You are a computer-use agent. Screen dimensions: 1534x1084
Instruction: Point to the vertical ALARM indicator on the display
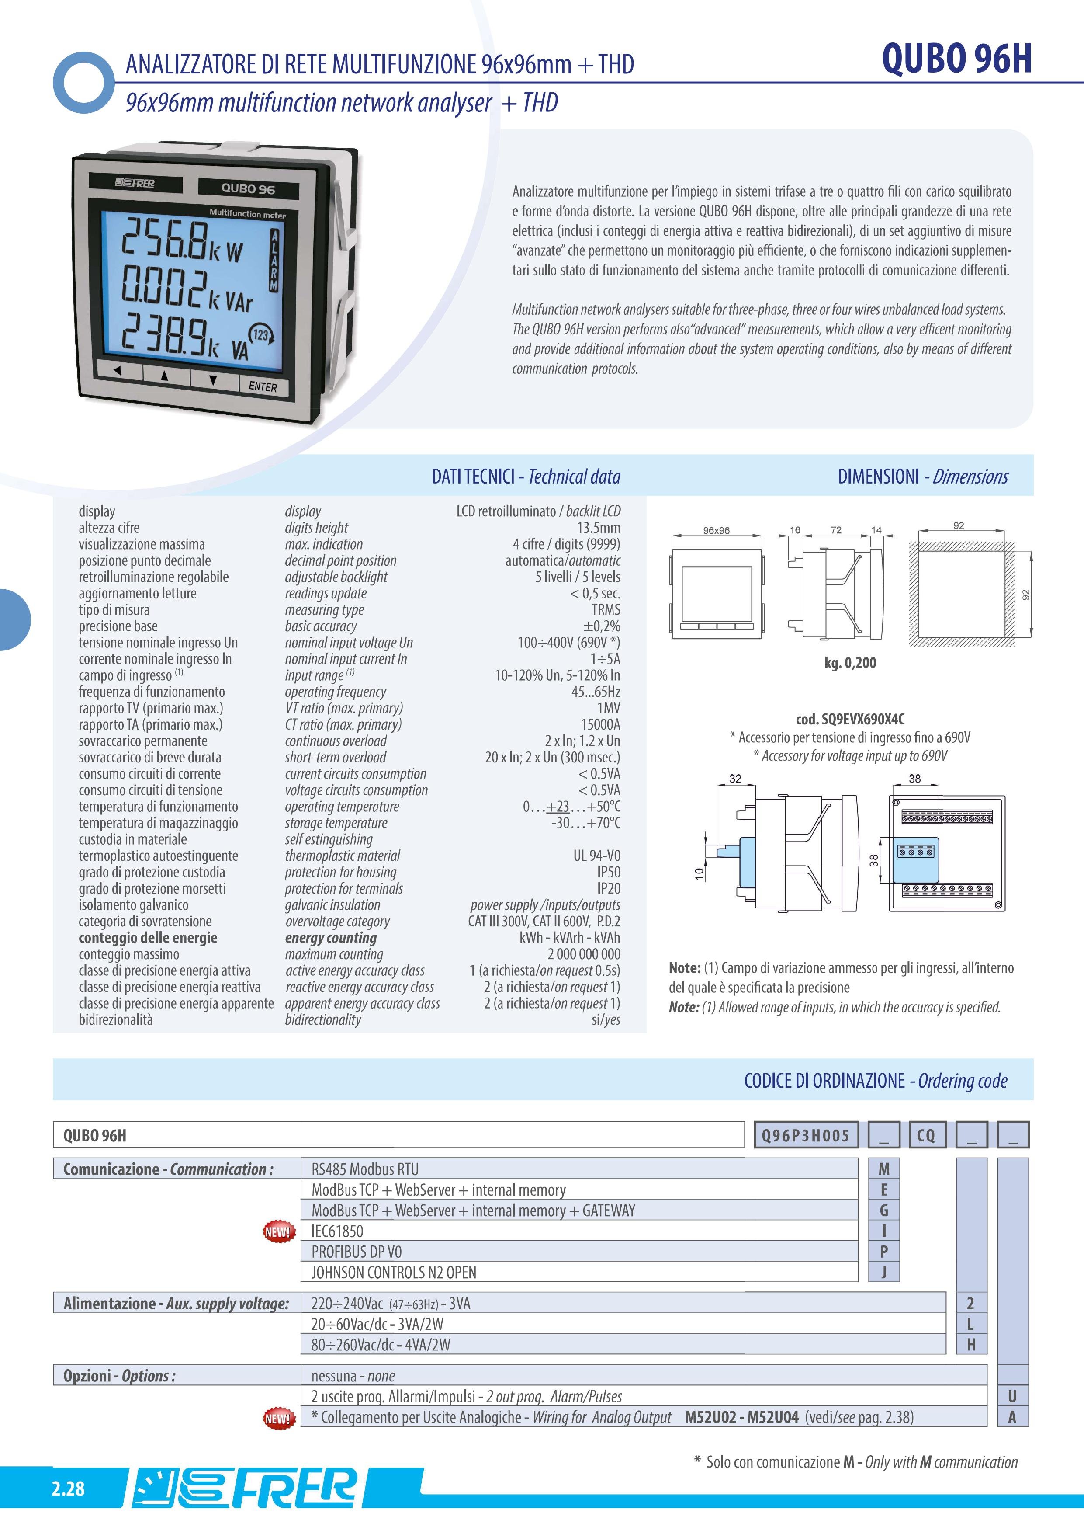click(274, 261)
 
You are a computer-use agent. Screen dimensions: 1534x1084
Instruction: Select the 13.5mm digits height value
click(599, 528)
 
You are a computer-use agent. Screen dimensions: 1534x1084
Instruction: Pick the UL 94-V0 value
click(596, 856)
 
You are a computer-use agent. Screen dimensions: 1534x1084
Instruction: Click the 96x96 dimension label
click(716, 530)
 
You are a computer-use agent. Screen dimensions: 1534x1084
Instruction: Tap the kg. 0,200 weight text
click(849, 663)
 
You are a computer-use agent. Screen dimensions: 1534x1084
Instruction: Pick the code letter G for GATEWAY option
click(883, 1211)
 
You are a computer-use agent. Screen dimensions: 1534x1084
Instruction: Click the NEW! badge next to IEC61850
click(278, 1231)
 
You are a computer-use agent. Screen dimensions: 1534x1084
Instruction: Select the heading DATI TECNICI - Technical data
click(526, 477)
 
